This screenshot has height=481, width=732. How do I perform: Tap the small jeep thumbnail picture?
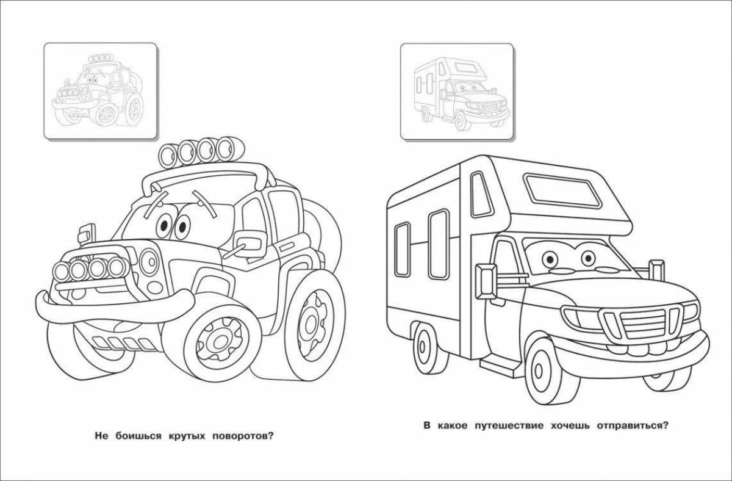tap(100, 90)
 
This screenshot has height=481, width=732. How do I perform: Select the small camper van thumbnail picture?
tap(456, 90)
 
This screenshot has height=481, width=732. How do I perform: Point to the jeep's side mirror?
tap(248, 240)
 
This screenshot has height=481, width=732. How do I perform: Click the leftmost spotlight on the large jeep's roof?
tap(169, 153)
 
